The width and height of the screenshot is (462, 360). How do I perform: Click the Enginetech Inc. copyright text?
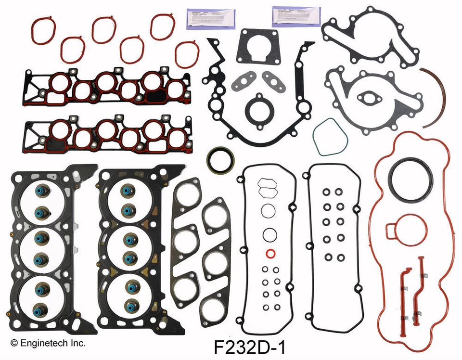tap(48, 343)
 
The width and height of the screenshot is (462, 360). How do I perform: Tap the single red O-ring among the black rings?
tap(270, 254)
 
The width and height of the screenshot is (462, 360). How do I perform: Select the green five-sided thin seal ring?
tap(330, 137)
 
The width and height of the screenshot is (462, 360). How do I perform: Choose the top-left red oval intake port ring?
tap(44, 29)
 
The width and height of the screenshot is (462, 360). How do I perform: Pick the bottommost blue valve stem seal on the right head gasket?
tap(130, 305)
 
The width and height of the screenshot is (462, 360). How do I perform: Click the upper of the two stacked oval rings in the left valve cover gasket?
tap(266, 183)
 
